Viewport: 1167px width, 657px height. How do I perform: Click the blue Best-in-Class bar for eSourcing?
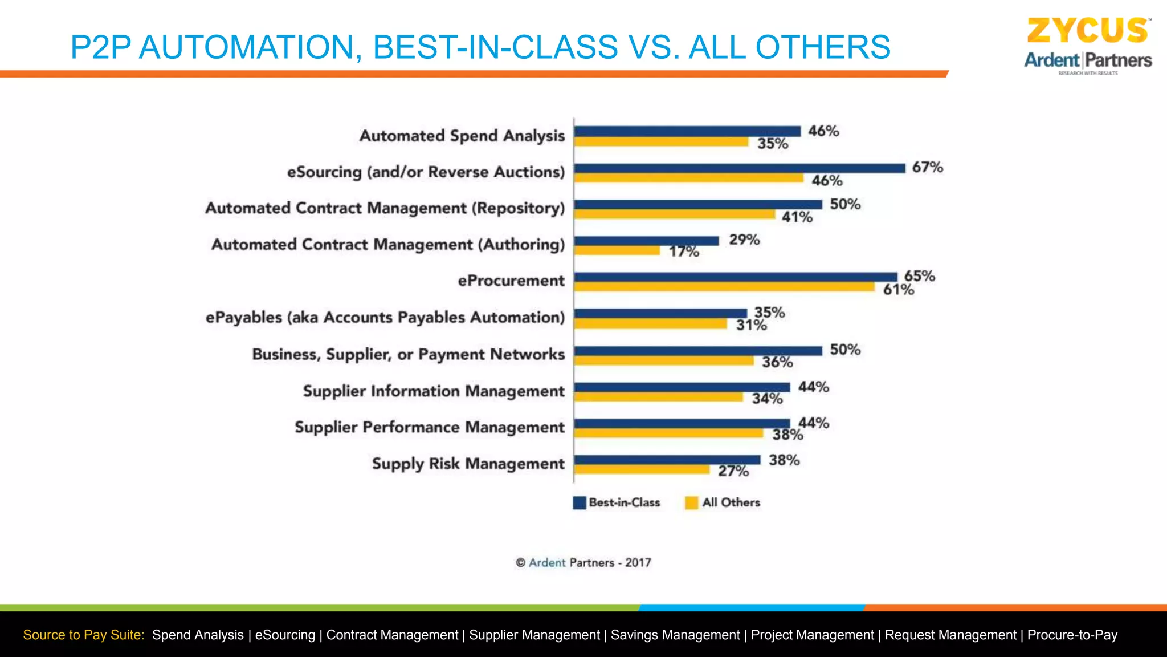[739, 168]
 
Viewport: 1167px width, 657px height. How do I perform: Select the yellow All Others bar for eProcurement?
[724, 287]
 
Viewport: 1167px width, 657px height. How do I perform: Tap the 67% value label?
[927, 167]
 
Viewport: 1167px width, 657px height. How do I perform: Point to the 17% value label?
[684, 252]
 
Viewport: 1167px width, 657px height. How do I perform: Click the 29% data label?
[744, 240]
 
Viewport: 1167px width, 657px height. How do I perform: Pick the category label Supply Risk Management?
[468, 464]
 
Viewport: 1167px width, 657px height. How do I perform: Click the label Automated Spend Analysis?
[462, 136]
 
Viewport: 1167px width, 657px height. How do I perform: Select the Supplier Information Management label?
[434, 391]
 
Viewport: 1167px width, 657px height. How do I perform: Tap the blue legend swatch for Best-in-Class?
[579, 502]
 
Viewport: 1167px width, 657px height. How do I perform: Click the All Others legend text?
[731, 502]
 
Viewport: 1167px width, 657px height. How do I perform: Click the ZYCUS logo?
[1087, 31]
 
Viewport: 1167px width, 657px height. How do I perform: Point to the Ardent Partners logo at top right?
[1087, 60]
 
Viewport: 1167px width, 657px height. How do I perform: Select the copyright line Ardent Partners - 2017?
[583, 563]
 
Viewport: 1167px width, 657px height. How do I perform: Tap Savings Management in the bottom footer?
[675, 635]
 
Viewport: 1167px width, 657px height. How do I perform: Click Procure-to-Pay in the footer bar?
[1072, 635]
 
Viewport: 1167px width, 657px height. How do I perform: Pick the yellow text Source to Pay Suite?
[84, 635]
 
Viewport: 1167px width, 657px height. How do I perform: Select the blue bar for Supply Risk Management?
[667, 460]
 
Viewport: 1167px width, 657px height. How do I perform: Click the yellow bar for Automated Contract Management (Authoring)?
[617, 250]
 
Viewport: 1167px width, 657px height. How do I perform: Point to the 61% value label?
[898, 290]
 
